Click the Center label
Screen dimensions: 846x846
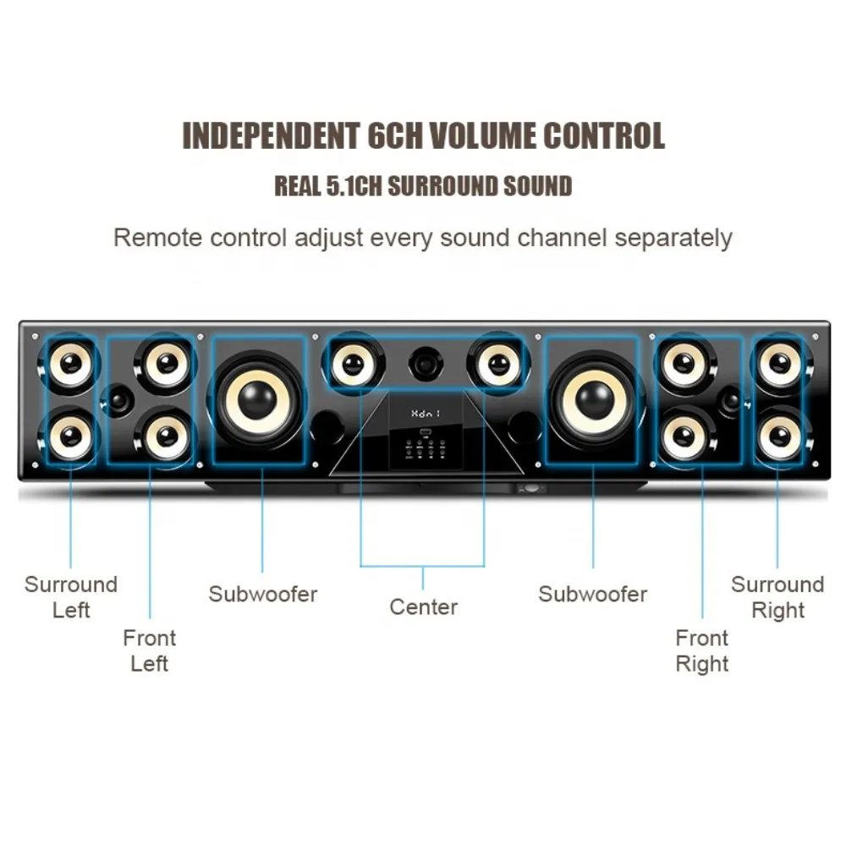(423, 607)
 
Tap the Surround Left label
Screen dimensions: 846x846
(71, 596)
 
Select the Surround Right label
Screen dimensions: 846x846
(777, 596)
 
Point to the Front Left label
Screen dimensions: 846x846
(150, 651)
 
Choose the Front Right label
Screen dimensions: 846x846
(702, 651)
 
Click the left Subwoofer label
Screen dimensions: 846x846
(263, 594)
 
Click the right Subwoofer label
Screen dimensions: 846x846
(592, 594)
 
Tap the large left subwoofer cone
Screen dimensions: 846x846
(258, 399)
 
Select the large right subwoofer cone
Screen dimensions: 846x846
(595, 399)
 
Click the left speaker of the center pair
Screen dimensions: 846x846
(353, 364)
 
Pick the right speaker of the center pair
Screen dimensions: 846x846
(497, 364)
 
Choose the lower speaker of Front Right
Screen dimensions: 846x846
(682, 437)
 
